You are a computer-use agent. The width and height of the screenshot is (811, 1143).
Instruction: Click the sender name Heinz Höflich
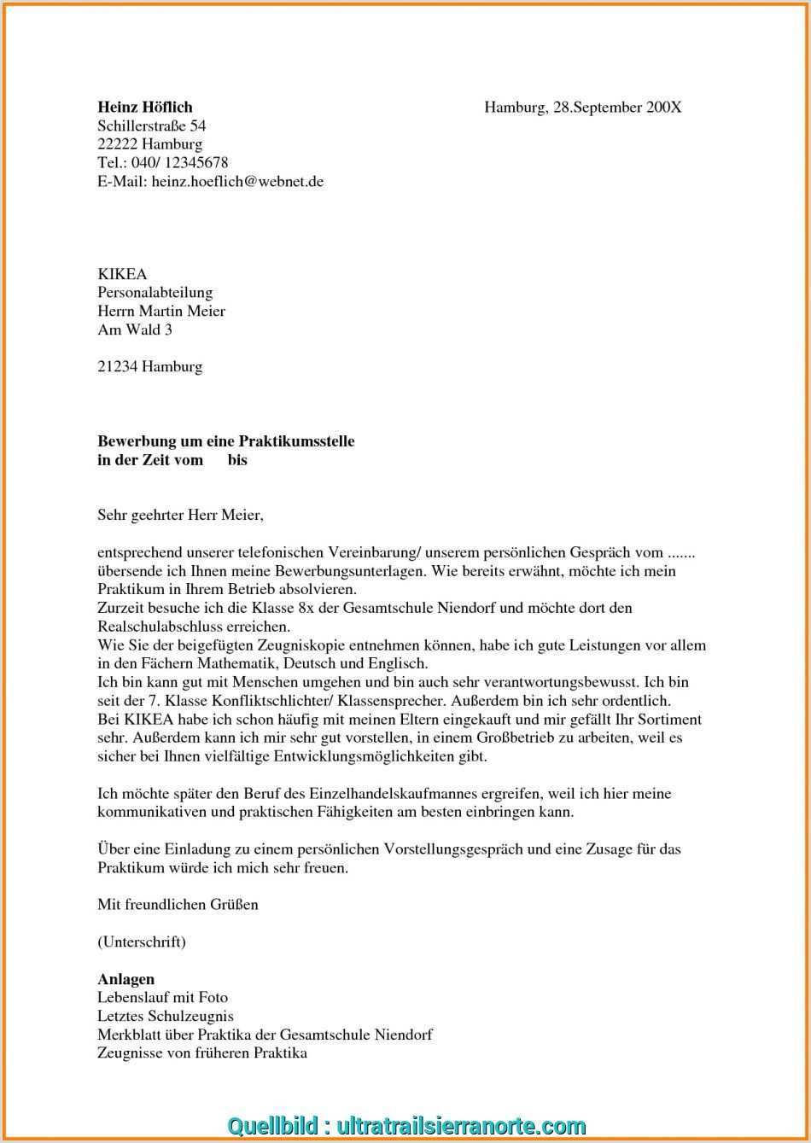tap(145, 108)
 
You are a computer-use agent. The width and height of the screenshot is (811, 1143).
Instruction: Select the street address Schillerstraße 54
tap(152, 126)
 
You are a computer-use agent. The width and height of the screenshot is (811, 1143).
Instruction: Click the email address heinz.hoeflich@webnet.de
tap(237, 182)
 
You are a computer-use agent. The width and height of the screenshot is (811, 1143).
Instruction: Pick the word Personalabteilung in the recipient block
tap(155, 293)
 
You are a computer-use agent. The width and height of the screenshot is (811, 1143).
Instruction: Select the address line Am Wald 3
tap(135, 329)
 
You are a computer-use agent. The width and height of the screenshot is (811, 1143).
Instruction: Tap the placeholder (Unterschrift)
tap(142, 942)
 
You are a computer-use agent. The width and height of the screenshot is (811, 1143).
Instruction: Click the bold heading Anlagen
tap(125, 979)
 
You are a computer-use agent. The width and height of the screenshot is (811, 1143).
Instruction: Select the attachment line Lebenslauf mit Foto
tap(162, 997)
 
